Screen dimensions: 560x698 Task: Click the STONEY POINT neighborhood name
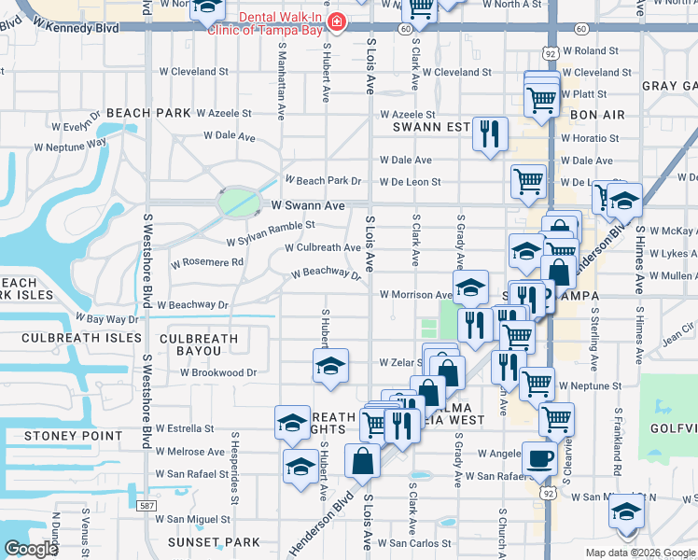point(74,436)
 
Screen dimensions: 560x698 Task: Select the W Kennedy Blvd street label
point(76,29)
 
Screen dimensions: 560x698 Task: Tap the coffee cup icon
point(539,458)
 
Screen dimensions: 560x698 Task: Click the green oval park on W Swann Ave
point(238,201)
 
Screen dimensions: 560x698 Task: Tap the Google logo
point(31,549)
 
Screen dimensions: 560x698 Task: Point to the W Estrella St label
point(190,429)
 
